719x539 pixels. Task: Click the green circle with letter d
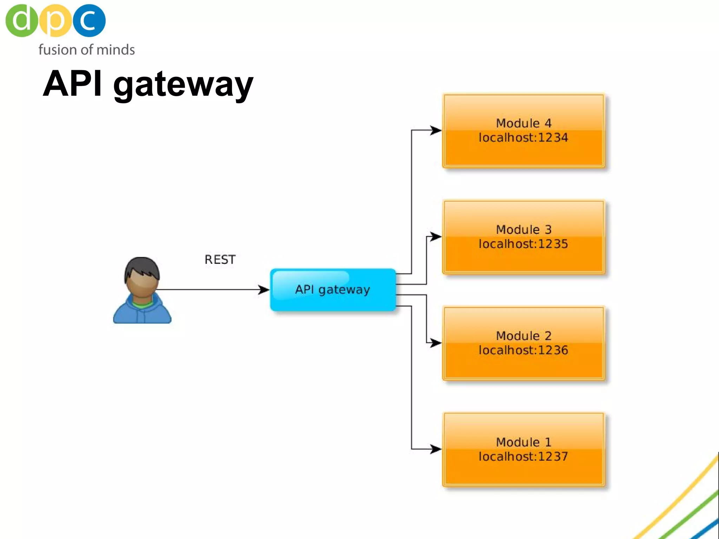[21, 20]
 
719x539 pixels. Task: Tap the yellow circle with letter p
[55, 20]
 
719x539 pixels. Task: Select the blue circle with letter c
[89, 20]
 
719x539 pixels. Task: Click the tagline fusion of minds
[86, 49]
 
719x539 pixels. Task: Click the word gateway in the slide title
[183, 84]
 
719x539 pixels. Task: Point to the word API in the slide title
[72, 84]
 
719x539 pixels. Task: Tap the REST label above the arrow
[220, 259]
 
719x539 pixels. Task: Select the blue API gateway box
[333, 290]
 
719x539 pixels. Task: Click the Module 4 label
[523, 123]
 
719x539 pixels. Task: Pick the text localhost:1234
[523, 138]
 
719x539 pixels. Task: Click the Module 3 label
[523, 229]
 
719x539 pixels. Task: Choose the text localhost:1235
[523, 244]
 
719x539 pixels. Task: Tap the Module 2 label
[523, 336]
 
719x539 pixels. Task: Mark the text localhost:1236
[523, 350]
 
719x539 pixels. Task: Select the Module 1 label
[523, 442]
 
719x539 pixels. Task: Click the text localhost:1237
[523, 457]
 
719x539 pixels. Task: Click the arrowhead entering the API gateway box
[264, 290]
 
